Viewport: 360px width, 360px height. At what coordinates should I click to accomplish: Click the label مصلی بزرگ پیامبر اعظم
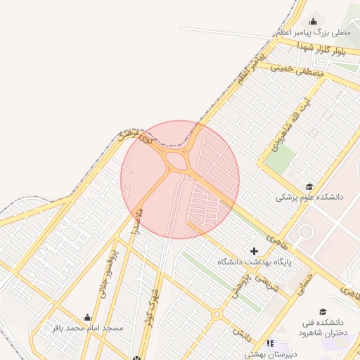(x=313, y=32)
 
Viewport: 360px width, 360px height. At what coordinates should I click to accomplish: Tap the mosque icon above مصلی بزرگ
(x=313, y=19)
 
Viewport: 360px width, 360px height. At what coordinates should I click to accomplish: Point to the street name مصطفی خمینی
(x=298, y=70)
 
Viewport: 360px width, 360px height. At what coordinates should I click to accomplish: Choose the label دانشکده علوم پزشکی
(x=309, y=198)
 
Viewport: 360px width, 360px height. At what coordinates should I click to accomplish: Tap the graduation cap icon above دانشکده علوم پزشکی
(x=309, y=186)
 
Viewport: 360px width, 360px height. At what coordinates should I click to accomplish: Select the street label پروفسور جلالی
(x=107, y=271)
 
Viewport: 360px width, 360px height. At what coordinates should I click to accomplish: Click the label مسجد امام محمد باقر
(x=87, y=328)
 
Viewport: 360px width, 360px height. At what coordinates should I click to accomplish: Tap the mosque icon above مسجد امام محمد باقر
(x=87, y=317)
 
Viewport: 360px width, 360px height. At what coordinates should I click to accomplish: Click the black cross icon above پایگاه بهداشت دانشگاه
(x=254, y=251)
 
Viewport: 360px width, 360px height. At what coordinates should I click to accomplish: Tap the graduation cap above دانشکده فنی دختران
(x=323, y=311)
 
